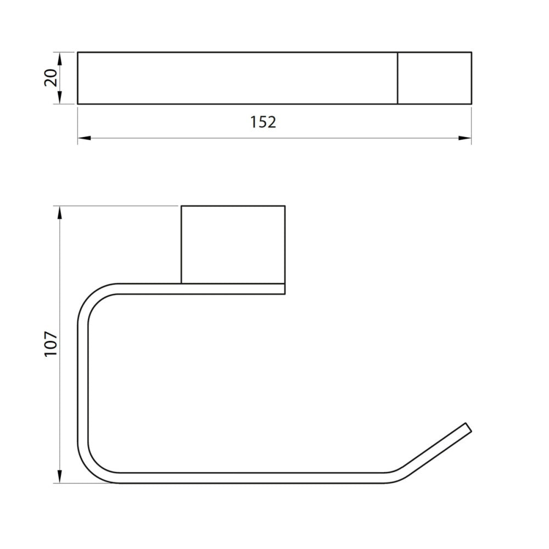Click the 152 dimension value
coord(263,122)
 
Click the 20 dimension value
coord(51,78)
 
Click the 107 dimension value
coord(51,344)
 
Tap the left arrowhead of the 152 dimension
coord(84,138)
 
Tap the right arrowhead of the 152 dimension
coord(465,138)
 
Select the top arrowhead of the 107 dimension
coord(59,213)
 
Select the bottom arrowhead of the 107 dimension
coord(59,477)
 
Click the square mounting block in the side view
coord(233,244)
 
